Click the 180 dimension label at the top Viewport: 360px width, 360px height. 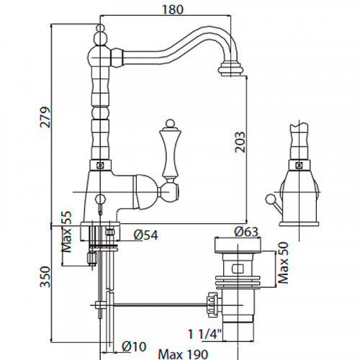[x=173, y=9]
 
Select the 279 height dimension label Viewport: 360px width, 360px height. [x=45, y=117]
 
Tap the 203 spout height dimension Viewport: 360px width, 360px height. [x=240, y=142]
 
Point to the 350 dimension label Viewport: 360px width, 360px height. [x=45, y=276]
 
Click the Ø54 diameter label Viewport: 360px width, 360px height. [x=146, y=235]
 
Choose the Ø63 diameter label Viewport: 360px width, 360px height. [x=246, y=232]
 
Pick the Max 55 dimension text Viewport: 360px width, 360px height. [x=67, y=231]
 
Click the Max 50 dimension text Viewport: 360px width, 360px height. [x=283, y=263]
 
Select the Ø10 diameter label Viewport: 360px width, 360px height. [x=134, y=346]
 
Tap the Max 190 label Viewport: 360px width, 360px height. [x=183, y=354]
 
